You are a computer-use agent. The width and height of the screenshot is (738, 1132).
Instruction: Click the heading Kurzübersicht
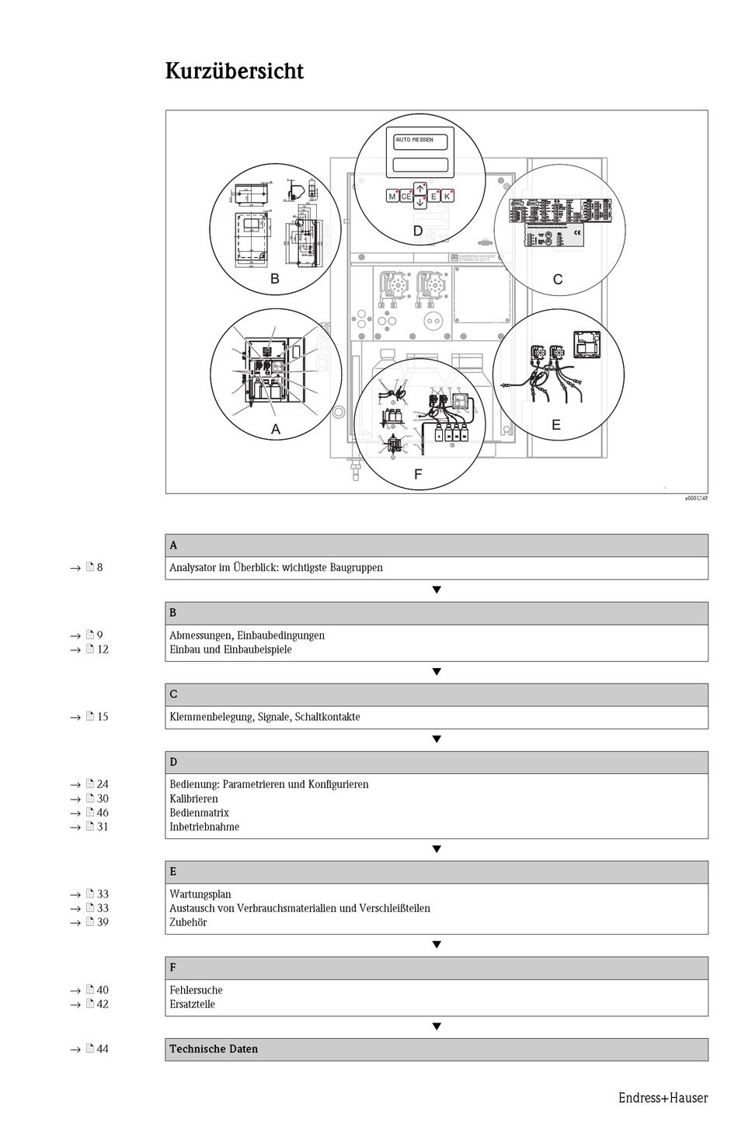coord(234,71)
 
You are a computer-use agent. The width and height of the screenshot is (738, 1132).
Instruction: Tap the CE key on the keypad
coord(406,197)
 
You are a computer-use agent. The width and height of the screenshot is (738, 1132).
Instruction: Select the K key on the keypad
coord(447,197)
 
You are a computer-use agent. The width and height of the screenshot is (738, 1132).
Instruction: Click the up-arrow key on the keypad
coord(419,188)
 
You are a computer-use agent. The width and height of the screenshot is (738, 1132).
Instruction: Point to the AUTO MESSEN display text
coord(415,140)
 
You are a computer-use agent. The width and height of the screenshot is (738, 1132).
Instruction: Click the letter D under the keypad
coord(418,231)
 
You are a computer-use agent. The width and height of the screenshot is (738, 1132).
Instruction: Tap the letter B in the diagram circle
coord(274,278)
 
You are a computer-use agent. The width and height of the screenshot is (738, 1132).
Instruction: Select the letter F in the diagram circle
coord(418,474)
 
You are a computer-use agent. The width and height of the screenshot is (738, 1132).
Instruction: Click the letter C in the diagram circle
coord(557,280)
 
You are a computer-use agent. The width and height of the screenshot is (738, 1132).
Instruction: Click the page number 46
coord(103,813)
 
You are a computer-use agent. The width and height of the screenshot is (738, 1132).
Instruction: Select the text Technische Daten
coord(214,1049)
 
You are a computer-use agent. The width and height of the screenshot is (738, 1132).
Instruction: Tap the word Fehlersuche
coord(196,990)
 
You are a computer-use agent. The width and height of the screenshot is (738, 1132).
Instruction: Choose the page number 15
coord(103,717)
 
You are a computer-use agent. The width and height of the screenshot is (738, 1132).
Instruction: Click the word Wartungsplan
coord(200,894)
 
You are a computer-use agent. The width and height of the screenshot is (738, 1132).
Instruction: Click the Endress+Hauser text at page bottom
coord(663,1098)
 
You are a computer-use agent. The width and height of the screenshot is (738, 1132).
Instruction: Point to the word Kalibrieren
coord(193,799)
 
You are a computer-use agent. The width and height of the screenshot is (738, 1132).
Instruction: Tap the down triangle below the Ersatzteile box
coord(437,1026)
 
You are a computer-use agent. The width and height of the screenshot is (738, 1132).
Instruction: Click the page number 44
coord(103,1049)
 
